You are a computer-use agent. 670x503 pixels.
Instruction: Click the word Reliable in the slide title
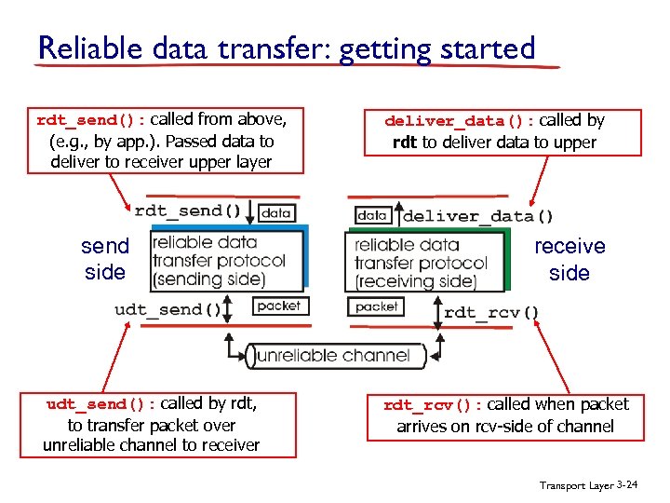coord(83,47)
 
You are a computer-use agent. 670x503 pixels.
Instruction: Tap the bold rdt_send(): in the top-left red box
coord(90,120)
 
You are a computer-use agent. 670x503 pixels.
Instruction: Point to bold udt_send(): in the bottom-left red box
coord(101,404)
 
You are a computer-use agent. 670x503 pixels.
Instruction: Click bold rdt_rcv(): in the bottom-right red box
coord(433,405)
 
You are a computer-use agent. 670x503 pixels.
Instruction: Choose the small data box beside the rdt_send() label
coord(276,212)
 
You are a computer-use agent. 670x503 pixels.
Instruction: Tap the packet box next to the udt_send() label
coord(278,306)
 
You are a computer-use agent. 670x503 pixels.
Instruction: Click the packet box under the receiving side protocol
coord(377,306)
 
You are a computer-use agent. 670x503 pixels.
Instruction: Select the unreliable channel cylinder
coord(333,355)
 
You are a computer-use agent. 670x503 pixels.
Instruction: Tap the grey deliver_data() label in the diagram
coord(477,216)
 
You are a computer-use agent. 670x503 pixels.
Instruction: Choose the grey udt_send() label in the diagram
coord(168,309)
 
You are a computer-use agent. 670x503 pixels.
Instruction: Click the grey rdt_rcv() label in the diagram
coord(491,312)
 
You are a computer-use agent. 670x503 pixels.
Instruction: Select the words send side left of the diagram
coord(105,259)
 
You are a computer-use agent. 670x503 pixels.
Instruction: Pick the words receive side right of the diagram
coord(569,259)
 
